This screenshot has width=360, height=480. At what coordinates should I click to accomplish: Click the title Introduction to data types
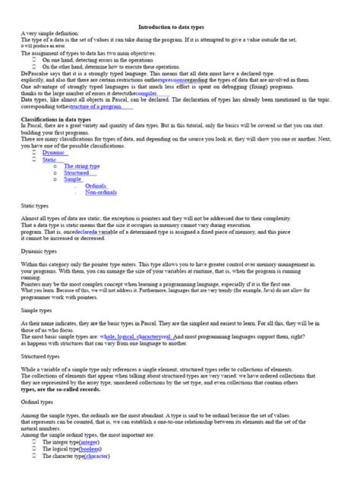pos(179,27)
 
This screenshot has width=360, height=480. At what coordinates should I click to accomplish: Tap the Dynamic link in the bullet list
pos(54,153)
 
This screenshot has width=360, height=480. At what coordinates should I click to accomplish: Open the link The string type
pos(82,166)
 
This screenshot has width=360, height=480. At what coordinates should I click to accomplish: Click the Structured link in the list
pos(77,172)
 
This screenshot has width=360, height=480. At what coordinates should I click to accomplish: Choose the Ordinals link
pos(96,185)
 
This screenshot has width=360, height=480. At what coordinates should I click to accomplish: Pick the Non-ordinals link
pos(101,192)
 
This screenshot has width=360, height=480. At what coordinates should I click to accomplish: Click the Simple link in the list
pos(73,179)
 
